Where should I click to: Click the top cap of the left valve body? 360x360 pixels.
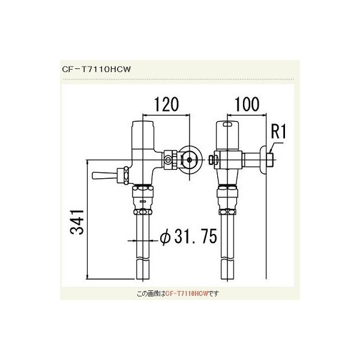pyautogui.click(x=143, y=127)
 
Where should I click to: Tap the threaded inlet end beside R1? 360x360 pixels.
pyautogui.click(x=271, y=160)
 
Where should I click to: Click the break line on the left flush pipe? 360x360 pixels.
pyautogui.click(x=143, y=259)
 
